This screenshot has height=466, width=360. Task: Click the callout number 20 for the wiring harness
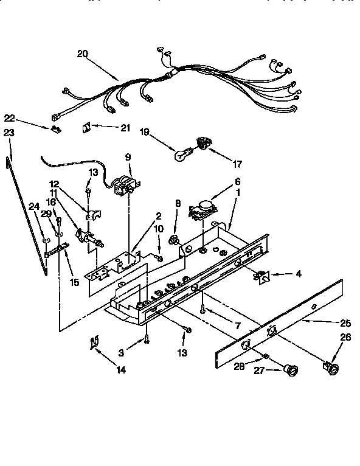[83, 54]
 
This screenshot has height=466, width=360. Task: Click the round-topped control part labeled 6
[202, 209]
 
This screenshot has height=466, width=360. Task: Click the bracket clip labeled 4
[263, 276]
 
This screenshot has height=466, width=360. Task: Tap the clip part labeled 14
[94, 344]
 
